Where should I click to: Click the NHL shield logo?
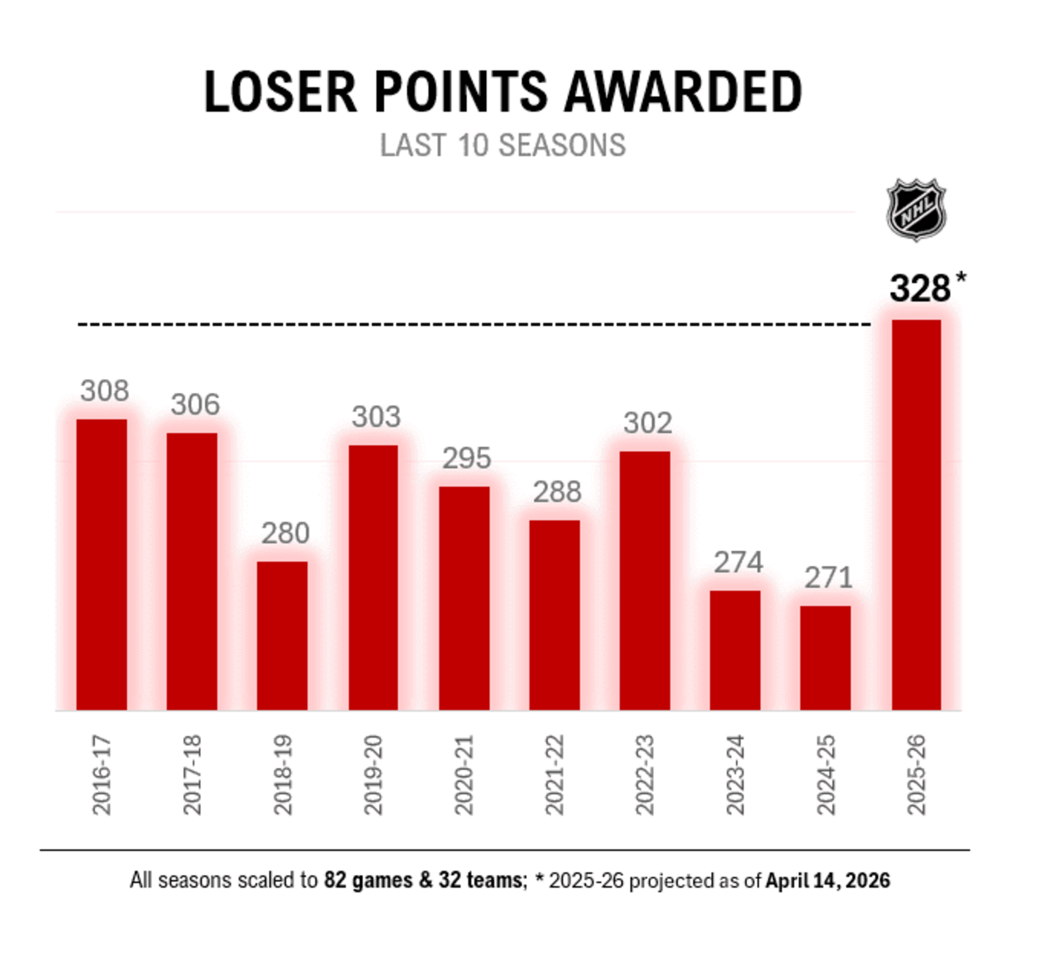pos(916,209)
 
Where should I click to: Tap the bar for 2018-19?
pos(282,636)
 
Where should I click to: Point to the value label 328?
pos(920,289)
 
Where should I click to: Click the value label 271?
pos(828,578)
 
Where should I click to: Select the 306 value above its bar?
pos(195,404)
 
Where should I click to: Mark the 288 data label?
pos(557,491)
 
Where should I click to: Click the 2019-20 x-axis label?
pos(373,775)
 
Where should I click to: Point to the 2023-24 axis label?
pos(735,775)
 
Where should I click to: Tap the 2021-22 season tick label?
pos(554,775)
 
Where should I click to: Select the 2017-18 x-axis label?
pos(192,775)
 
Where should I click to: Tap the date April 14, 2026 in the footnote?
pos(828,880)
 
